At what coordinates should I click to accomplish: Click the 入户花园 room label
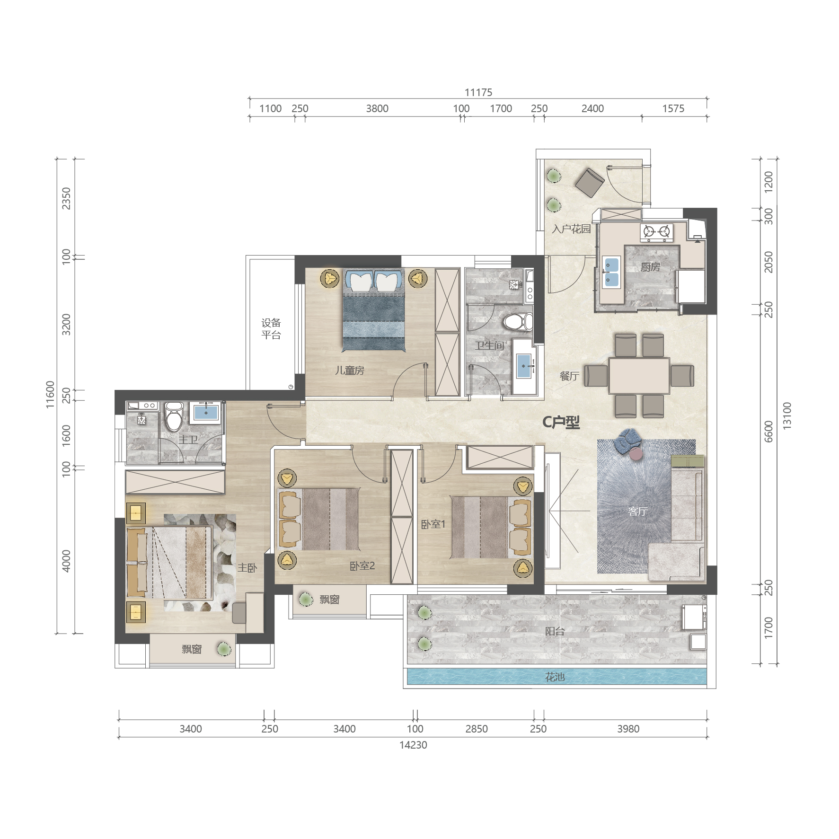click(x=571, y=230)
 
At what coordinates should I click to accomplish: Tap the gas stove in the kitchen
click(x=656, y=231)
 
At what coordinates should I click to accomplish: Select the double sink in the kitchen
click(x=611, y=272)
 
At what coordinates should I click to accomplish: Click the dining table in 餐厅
click(x=639, y=376)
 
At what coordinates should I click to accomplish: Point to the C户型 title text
click(x=561, y=422)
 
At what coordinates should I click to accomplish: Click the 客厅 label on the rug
click(x=637, y=512)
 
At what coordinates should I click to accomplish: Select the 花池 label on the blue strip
click(x=555, y=677)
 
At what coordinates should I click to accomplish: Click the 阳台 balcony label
click(x=555, y=631)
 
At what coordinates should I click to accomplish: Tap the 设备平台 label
click(x=271, y=329)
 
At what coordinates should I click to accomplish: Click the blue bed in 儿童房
click(x=374, y=310)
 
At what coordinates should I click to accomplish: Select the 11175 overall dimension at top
click(x=478, y=93)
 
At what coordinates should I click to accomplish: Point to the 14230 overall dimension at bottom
click(x=413, y=745)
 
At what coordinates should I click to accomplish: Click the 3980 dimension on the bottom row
click(x=628, y=729)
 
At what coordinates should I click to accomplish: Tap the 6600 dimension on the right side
click(x=768, y=432)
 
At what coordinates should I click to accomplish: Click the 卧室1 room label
click(x=433, y=524)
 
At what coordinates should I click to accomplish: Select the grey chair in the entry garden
click(x=590, y=183)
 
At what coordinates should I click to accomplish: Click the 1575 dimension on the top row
click(x=673, y=109)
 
